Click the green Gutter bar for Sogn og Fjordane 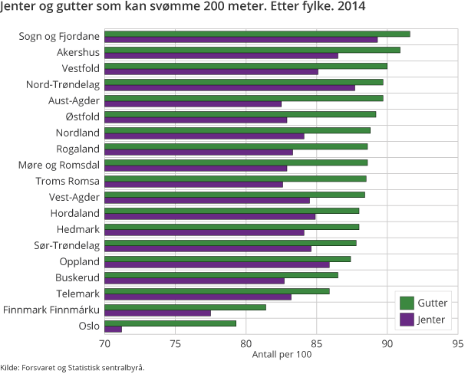click(x=257, y=34)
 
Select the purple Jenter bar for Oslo click(x=113, y=329)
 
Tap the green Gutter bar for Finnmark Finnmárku click(x=185, y=307)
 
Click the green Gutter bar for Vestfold click(x=246, y=66)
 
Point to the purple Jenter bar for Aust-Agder click(x=193, y=103)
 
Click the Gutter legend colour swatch click(x=407, y=303)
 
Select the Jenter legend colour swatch click(x=407, y=319)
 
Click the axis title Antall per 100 click(x=282, y=354)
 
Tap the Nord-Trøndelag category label click(x=63, y=84)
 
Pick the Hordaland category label click(x=75, y=213)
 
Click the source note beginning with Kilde click(x=72, y=367)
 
